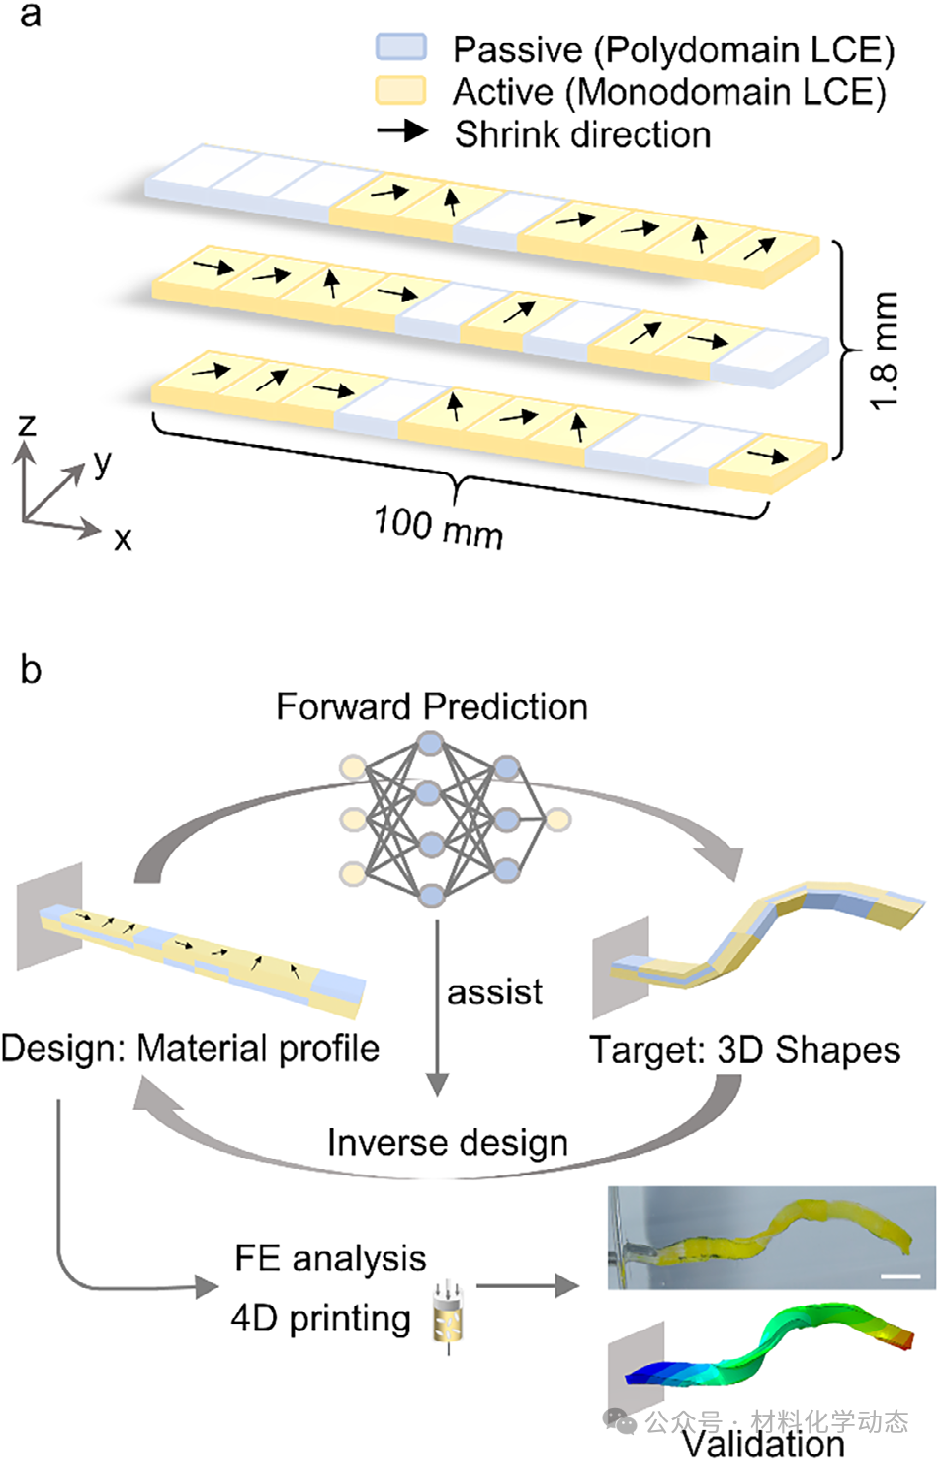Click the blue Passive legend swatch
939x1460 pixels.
coord(400,46)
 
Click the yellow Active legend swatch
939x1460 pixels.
coord(400,90)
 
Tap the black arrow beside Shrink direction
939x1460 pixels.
coord(402,131)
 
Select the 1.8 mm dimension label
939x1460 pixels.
coord(885,350)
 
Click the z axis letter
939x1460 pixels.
coord(26,425)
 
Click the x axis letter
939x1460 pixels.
coord(123,539)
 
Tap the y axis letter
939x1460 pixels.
coord(103,464)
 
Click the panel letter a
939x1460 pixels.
coord(30,16)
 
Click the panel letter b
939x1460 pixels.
coord(31,669)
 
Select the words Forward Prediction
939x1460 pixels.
coord(432,707)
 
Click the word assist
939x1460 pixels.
coord(494,992)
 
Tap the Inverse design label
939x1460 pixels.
coord(448,1144)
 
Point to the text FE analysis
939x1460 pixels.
coord(330,1258)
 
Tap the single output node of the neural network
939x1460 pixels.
coord(557,819)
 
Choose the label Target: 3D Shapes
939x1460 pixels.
coord(745,1050)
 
